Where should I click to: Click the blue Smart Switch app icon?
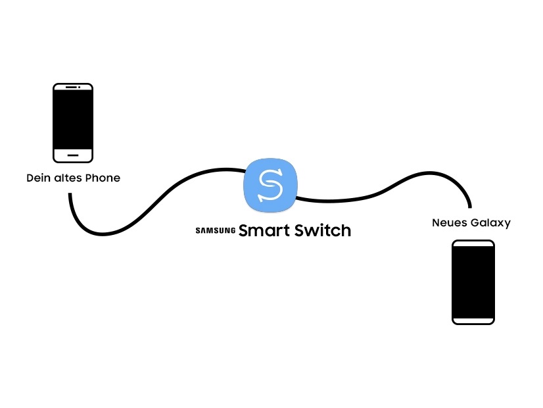(270, 185)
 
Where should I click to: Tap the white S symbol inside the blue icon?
(270, 185)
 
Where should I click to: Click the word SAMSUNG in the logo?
(216, 230)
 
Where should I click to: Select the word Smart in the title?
(264, 230)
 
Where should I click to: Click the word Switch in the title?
(323, 230)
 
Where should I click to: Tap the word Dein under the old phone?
(38, 178)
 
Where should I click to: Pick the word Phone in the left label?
(103, 178)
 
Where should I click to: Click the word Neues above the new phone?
(450, 222)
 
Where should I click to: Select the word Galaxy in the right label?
(491, 223)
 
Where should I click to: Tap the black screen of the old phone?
(73, 120)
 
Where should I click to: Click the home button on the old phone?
(73, 155)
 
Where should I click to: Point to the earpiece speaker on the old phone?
(71, 87)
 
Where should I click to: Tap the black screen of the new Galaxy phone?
(473, 282)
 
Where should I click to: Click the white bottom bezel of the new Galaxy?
(473, 320)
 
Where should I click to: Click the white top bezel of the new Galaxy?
(473, 243)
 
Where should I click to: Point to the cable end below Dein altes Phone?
(70, 194)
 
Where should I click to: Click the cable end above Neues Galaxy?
(470, 207)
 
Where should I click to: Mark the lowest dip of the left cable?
(103, 235)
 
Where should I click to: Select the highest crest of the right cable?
(429, 172)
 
